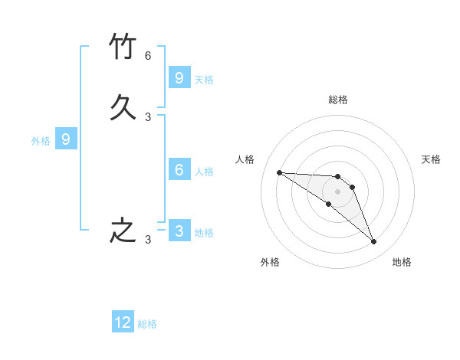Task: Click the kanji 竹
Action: (123, 46)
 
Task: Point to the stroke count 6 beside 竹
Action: (148, 56)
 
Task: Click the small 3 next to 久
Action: (148, 117)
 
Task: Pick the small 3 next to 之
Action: (148, 240)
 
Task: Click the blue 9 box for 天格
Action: (179, 77)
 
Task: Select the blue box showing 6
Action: (179, 170)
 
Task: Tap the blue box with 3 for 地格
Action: (179, 231)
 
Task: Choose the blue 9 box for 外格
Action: (66, 139)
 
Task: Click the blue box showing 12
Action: (123, 322)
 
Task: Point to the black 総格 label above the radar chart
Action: (338, 100)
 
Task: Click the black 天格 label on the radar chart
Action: (431, 159)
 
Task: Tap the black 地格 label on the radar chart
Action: (402, 262)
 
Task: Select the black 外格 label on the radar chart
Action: (270, 262)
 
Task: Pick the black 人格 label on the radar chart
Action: (245, 159)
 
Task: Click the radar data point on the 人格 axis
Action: (279, 172)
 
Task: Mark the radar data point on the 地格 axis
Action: (374, 242)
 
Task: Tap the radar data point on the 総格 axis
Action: (337, 177)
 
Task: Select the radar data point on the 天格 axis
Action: (352, 187)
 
